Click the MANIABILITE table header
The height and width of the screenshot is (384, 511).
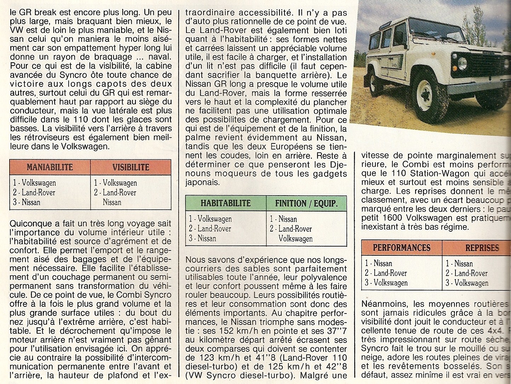[50, 167]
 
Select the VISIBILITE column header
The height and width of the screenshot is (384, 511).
[131, 167]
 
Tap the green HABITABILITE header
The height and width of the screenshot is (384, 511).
[225, 203]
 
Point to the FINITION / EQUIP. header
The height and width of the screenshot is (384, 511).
[306, 203]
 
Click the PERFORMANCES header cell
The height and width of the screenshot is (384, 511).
[401, 248]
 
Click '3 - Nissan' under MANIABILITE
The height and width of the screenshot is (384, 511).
[27, 202]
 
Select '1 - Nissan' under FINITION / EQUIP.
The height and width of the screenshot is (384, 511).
[283, 219]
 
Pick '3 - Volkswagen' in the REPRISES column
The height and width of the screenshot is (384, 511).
[467, 283]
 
